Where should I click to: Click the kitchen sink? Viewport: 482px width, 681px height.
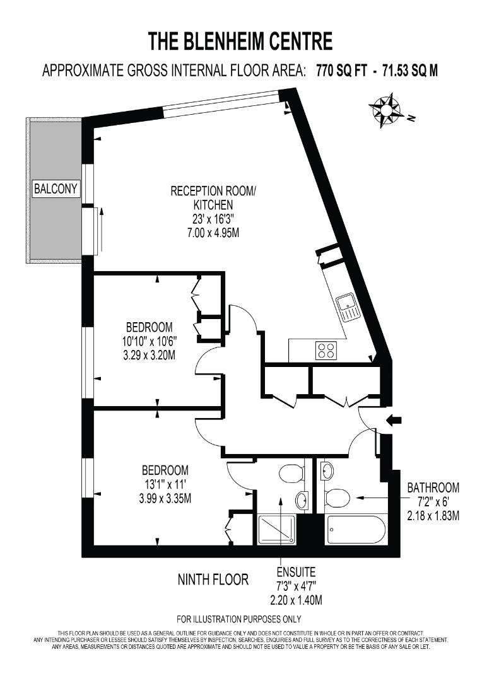click(x=348, y=307)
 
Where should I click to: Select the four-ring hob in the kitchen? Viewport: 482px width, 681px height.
click(x=326, y=350)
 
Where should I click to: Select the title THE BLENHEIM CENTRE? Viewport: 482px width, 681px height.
click(x=240, y=42)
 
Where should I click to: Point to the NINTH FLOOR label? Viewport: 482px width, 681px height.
click(x=213, y=579)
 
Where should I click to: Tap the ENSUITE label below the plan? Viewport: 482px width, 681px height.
click(x=295, y=573)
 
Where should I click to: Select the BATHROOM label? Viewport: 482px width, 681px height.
click(x=433, y=488)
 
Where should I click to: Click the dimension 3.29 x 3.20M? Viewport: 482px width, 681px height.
click(x=150, y=355)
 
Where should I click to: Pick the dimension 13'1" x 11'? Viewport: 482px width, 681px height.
click(x=165, y=485)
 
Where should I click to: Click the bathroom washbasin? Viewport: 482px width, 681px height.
click(x=327, y=469)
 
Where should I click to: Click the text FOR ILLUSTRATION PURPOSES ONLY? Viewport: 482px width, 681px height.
click(x=239, y=619)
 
